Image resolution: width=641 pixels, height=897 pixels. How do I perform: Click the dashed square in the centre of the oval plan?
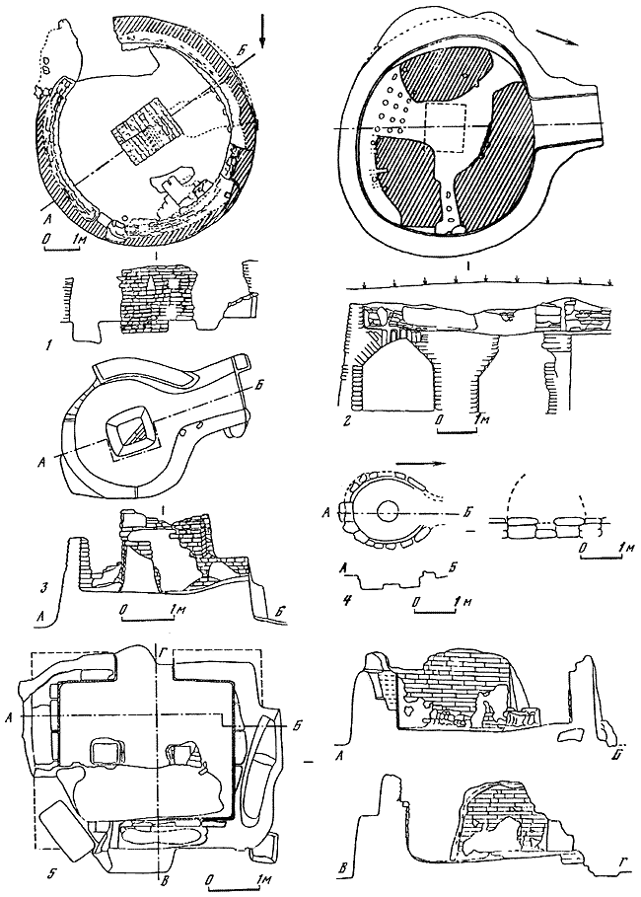pyautogui.click(x=444, y=128)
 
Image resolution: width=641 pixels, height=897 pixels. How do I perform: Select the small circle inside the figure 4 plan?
pyautogui.click(x=386, y=510)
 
